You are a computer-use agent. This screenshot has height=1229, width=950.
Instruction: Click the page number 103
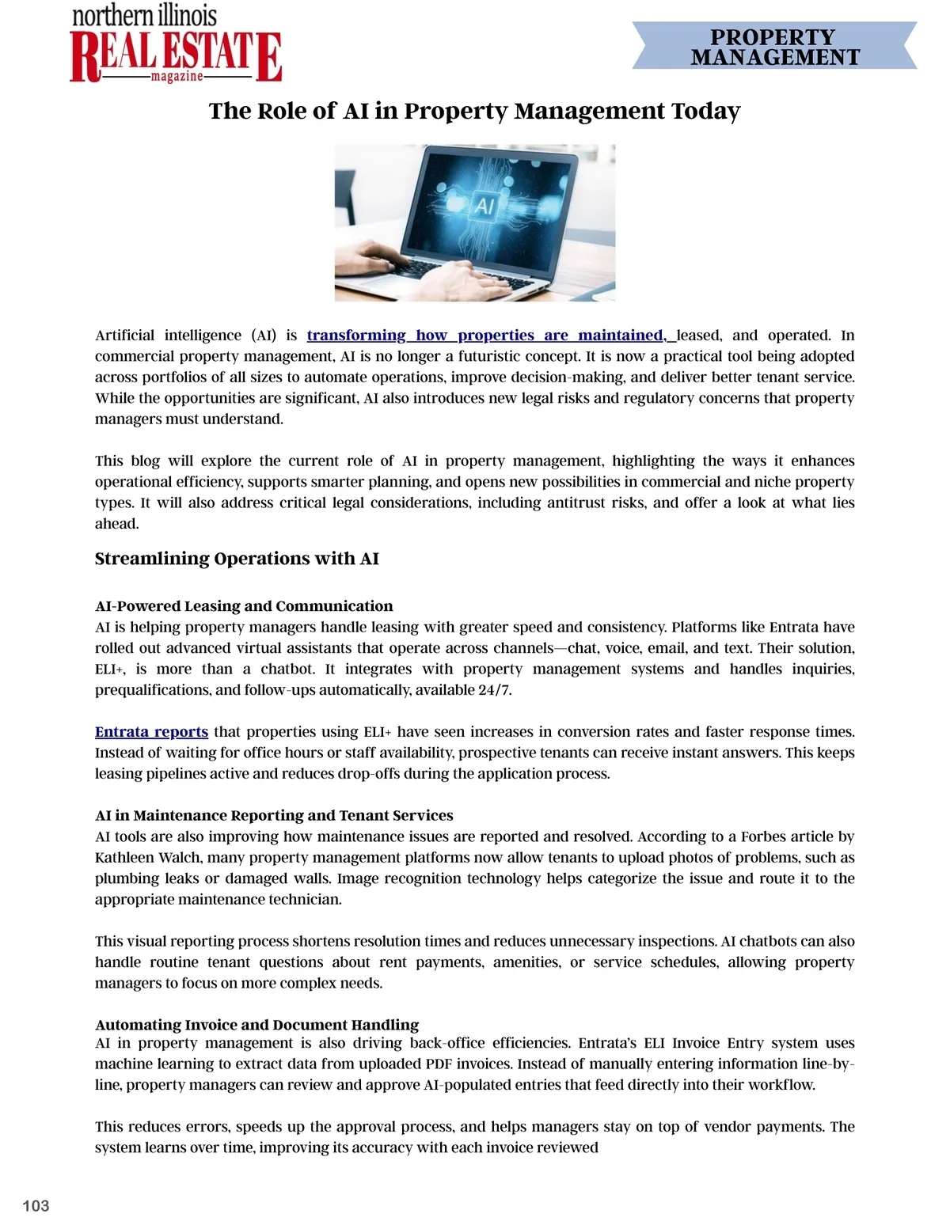pyautogui.click(x=36, y=1205)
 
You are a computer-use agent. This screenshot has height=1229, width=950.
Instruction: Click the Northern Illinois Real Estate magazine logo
pyautogui.click(x=176, y=45)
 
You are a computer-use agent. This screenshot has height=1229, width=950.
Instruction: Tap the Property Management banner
pyautogui.click(x=774, y=47)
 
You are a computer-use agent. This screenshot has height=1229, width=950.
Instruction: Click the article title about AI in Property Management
pyautogui.click(x=474, y=111)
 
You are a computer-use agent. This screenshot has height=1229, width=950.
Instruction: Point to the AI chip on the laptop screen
pyautogui.click(x=484, y=207)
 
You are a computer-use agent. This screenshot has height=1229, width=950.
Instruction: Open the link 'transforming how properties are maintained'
pyautogui.click(x=486, y=335)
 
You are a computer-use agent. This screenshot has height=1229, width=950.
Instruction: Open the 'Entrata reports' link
pyautogui.click(x=151, y=731)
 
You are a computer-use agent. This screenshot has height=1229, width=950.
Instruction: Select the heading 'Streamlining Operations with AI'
pyautogui.click(x=237, y=559)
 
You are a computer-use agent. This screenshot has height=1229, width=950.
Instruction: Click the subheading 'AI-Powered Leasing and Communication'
pyautogui.click(x=244, y=606)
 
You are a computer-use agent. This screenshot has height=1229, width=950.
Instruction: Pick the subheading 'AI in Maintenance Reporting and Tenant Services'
pyautogui.click(x=274, y=815)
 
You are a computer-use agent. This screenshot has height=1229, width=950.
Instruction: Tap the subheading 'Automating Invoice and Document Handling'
pyautogui.click(x=256, y=1025)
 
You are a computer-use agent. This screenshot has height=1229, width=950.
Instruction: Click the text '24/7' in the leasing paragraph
pyautogui.click(x=495, y=689)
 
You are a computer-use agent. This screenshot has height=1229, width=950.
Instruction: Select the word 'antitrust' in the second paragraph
pyautogui.click(x=576, y=503)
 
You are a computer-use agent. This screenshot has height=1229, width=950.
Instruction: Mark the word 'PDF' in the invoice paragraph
pyautogui.click(x=439, y=1064)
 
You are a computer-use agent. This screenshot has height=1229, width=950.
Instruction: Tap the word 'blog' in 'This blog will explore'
pyautogui.click(x=145, y=461)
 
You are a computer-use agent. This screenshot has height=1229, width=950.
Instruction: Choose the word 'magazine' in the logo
pyautogui.click(x=177, y=76)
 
